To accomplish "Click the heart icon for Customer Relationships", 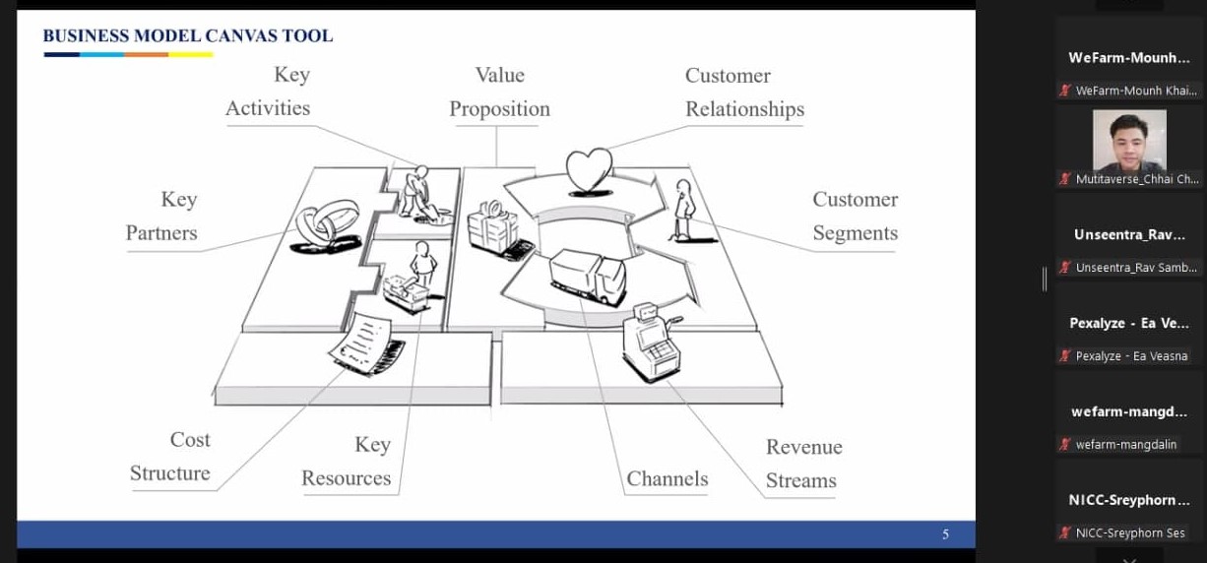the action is tap(589, 171).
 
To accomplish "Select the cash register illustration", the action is tap(651, 343).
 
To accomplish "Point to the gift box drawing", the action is tap(497, 229).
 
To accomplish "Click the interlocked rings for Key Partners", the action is tap(327, 226).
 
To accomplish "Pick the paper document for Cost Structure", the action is tap(365, 344).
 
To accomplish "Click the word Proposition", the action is tap(499, 109).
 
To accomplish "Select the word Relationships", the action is tap(744, 109).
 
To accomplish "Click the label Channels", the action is tap(667, 478).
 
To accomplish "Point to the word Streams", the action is tap(800, 480).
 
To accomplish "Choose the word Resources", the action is tap(346, 478).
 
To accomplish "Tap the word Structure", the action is tap(169, 473).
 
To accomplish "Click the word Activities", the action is tap(268, 108).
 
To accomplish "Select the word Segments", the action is tap(856, 233).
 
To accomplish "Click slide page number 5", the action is tap(946, 533).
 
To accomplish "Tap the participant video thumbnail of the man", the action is tap(1129, 141).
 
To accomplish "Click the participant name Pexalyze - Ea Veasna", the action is tap(1131, 356).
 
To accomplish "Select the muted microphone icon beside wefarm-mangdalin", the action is tap(1065, 445).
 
